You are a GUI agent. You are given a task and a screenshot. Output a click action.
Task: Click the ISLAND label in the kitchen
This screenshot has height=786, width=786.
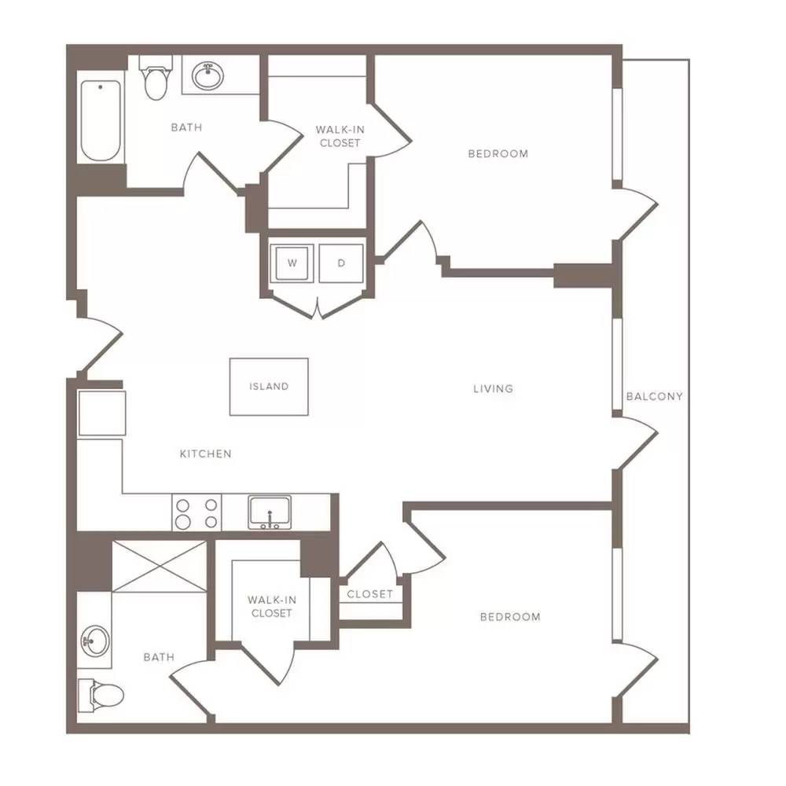(269, 387)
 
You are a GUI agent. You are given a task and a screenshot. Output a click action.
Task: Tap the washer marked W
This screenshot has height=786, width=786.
(292, 263)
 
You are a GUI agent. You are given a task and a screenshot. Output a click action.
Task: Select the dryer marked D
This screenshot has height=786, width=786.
(341, 263)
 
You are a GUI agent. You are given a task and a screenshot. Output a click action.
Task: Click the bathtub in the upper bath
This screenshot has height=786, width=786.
(101, 121)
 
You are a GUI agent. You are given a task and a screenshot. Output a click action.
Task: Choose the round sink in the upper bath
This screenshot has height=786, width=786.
(208, 76)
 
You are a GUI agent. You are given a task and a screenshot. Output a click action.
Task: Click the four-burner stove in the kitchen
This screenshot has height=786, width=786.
(197, 512)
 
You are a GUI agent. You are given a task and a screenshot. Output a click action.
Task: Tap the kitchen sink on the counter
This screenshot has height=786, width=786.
(270, 512)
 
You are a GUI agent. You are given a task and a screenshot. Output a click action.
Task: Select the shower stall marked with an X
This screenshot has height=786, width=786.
(159, 567)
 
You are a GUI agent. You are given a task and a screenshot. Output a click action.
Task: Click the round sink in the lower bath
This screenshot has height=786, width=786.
(95, 641)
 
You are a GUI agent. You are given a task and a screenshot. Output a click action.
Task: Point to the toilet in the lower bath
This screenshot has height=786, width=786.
(101, 696)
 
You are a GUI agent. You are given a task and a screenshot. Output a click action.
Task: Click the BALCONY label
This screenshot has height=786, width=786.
(655, 396)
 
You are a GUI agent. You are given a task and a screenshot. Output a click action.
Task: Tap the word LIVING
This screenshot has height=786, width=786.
(494, 388)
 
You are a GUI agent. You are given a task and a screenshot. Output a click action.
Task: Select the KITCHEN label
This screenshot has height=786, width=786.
(205, 454)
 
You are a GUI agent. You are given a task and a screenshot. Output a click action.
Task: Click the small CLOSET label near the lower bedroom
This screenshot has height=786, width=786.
(370, 594)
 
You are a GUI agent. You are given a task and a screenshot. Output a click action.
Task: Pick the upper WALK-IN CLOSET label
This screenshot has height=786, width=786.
(340, 136)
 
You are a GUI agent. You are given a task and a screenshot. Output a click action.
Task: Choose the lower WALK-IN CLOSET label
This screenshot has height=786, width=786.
(272, 607)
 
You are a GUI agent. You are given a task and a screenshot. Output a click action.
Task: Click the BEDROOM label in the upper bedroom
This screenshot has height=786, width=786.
(498, 154)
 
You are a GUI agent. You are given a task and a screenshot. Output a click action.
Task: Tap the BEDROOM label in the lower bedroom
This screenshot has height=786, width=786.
(510, 617)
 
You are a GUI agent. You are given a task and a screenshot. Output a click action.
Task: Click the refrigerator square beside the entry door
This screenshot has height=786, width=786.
(101, 413)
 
